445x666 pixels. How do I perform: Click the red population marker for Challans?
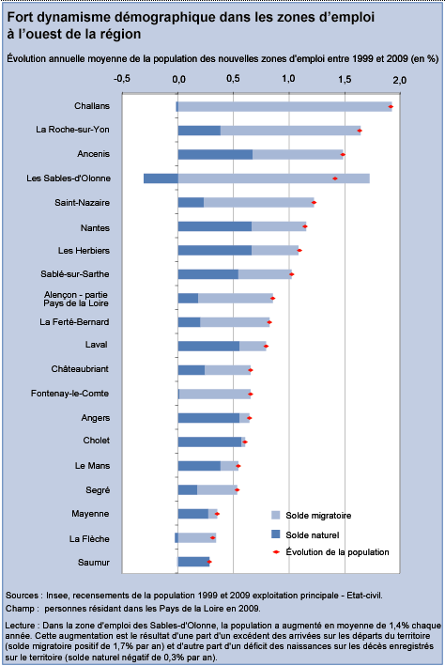click(x=391, y=106)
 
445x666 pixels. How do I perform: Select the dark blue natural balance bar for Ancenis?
click(x=215, y=155)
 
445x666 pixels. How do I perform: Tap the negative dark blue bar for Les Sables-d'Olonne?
click(x=161, y=178)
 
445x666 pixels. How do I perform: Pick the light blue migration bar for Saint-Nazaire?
click(x=258, y=203)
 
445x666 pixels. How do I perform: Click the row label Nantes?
click(x=95, y=228)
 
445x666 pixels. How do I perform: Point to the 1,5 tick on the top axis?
click(x=345, y=80)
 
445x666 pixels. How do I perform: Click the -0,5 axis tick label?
click(x=121, y=79)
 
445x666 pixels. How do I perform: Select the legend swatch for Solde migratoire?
click(x=276, y=515)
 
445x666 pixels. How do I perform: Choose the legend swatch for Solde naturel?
click(x=276, y=534)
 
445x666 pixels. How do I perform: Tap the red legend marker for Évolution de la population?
click(x=276, y=552)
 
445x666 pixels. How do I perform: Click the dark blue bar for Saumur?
click(x=193, y=562)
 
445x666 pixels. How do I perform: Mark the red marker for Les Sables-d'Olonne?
click(x=335, y=178)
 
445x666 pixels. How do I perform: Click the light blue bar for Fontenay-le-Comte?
click(x=215, y=395)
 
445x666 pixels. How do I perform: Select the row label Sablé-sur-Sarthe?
click(x=75, y=274)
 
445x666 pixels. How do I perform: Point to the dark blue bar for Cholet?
click(x=209, y=441)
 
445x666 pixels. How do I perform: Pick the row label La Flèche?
click(x=89, y=539)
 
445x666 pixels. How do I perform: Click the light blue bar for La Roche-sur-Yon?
click(x=290, y=131)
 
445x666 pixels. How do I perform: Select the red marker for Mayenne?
click(x=217, y=514)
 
